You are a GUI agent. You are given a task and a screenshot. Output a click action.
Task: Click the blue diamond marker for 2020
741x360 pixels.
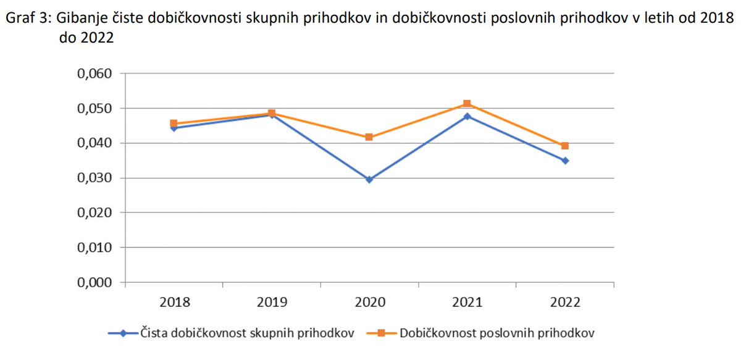pyautogui.click(x=369, y=180)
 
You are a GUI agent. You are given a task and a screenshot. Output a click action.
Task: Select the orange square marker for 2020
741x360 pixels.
pyautogui.click(x=369, y=137)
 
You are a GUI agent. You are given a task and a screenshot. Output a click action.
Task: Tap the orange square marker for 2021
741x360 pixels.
pyautogui.click(x=467, y=104)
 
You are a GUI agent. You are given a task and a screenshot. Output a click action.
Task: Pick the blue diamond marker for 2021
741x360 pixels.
pyautogui.click(x=467, y=116)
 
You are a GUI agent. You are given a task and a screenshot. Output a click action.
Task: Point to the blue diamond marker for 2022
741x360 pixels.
pyautogui.click(x=565, y=161)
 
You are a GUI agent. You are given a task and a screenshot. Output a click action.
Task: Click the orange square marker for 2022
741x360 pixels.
pyautogui.click(x=565, y=146)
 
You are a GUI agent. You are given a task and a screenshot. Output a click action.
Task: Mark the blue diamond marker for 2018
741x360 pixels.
pyautogui.click(x=174, y=128)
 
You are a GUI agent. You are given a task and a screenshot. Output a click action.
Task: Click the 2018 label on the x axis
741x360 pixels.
pyautogui.click(x=174, y=303)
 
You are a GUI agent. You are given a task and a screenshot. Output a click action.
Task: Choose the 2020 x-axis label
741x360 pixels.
pyautogui.click(x=369, y=303)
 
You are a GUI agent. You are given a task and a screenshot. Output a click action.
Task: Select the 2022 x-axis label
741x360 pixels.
pyautogui.click(x=565, y=303)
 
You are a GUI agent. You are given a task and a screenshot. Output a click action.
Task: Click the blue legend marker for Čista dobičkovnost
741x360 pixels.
pyautogui.click(x=124, y=333)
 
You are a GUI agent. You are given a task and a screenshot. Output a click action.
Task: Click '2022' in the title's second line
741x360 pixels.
pyautogui.click(x=99, y=37)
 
